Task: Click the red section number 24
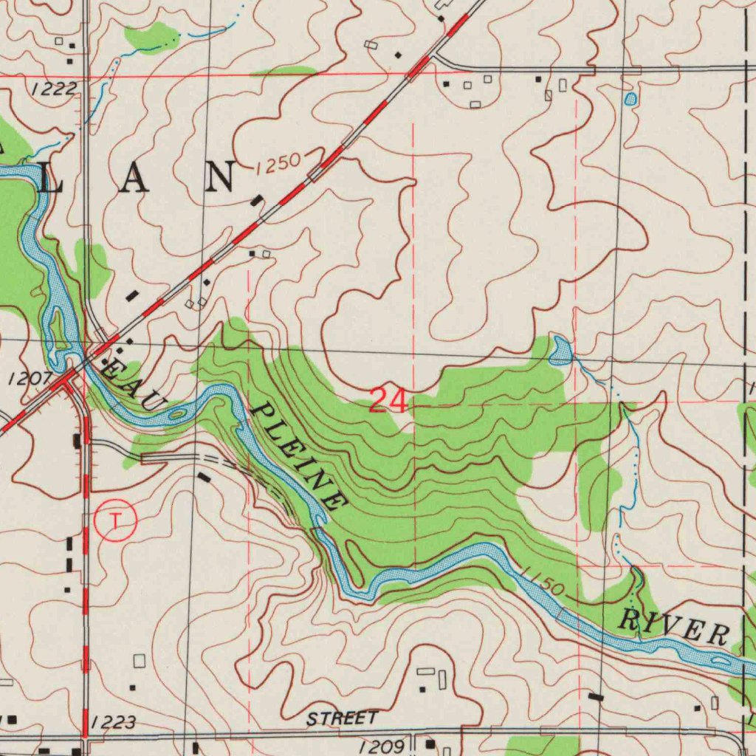click(x=388, y=401)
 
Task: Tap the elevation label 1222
click(x=54, y=89)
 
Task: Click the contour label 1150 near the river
click(x=542, y=581)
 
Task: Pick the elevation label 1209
click(x=382, y=746)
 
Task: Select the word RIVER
click(x=673, y=627)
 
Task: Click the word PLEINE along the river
click(x=299, y=458)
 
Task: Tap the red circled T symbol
click(x=115, y=521)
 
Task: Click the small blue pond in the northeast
click(x=630, y=99)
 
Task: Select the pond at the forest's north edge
click(x=560, y=351)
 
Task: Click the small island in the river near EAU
click(x=176, y=414)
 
